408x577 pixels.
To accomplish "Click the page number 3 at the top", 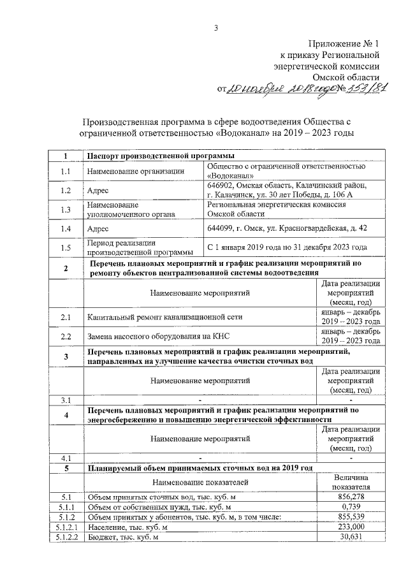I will (216, 27).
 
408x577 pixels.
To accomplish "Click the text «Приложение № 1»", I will (344, 44).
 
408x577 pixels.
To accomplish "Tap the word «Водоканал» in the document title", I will (247, 133).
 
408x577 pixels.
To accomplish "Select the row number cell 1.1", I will (66, 171).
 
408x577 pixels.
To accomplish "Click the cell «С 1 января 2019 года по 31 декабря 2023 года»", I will (287, 247).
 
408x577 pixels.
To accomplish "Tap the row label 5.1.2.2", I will (66, 537).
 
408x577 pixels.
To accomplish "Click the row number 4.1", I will (66, 458).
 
